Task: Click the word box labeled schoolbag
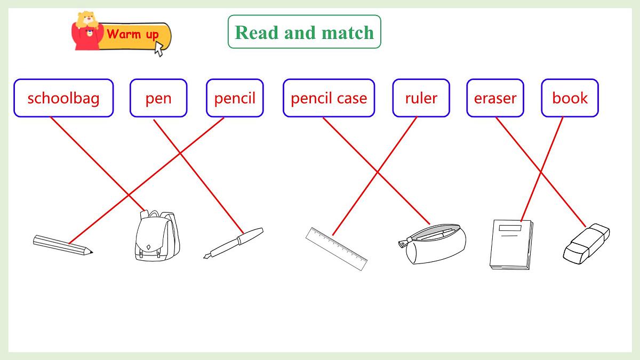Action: point(63,98)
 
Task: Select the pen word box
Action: point(158,98)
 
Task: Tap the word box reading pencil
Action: point(235,98)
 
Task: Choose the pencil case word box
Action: point(329,98)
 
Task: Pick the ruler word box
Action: point(421,98)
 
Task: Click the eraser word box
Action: point(495,98)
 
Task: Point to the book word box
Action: point(570,98)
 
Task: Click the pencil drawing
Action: point(63,245)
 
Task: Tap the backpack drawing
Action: point(157,235)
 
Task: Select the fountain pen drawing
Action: point(234,243)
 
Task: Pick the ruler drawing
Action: point(337,249)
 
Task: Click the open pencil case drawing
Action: point(433,244)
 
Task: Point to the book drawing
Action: point(511,245)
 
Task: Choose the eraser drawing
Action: point(586,244)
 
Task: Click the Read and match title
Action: point(305,33)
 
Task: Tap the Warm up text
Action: point(133,35)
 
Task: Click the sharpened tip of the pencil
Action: point(92,252)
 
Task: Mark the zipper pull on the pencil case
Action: point(403,244)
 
